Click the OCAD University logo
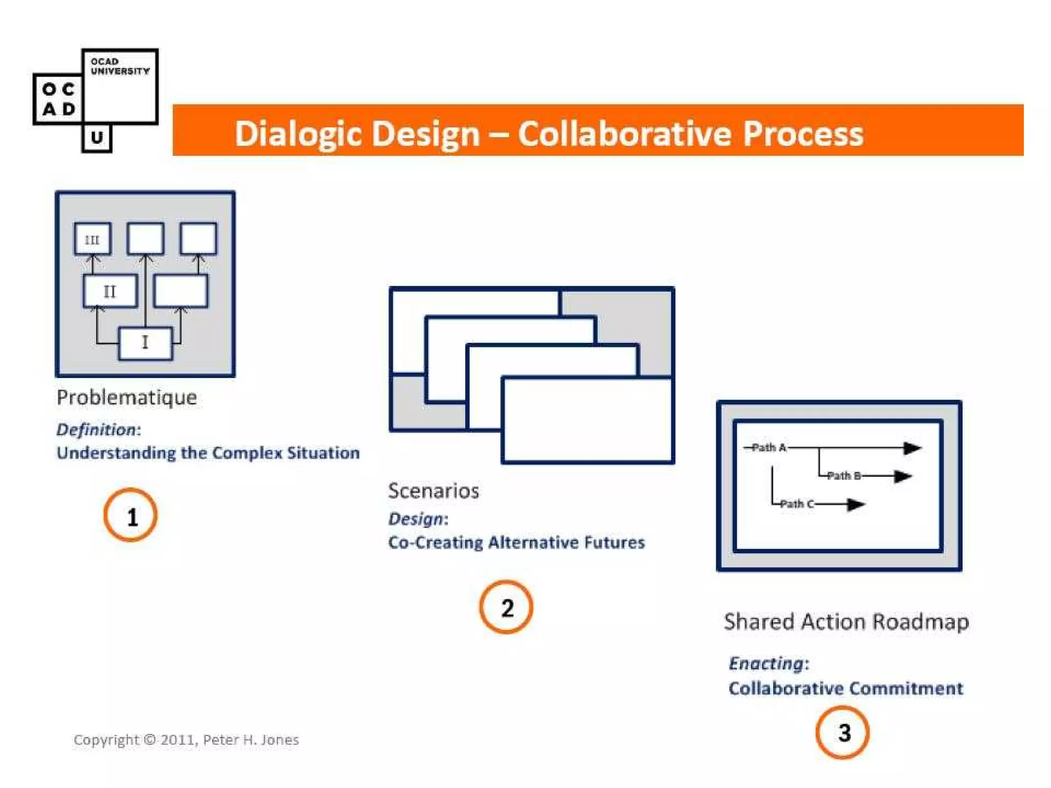pyautogui.click(x=95, y=100)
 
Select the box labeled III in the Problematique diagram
pyautogui.click(x=92, y=239)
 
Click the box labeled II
pyautogui.click(x=110, y=291)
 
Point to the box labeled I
pyautogui.click(x=145, y=343)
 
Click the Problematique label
pyautogui.click(x=127, y=398)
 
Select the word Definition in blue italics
pyautogui.click(x=96, y=429)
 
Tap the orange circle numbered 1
pyautogui.click(x=131, y=516)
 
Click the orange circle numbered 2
pyautogui.click(x=507, y=607)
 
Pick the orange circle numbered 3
pyautogui.click(x=843, y=733)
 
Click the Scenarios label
pyautogui.click(x=434, y=491)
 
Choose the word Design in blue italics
pyautogui.click(x=416, y=519)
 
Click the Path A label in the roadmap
pyautogui.click(x=768, y=448)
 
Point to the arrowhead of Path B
pyautogui.click(x=903, y=477)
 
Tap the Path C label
pyautogui.click(x=796, y=504)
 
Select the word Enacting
pyautogui.click(x=766, y=663)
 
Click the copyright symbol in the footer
pyautogui.click(x=150, y=739)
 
